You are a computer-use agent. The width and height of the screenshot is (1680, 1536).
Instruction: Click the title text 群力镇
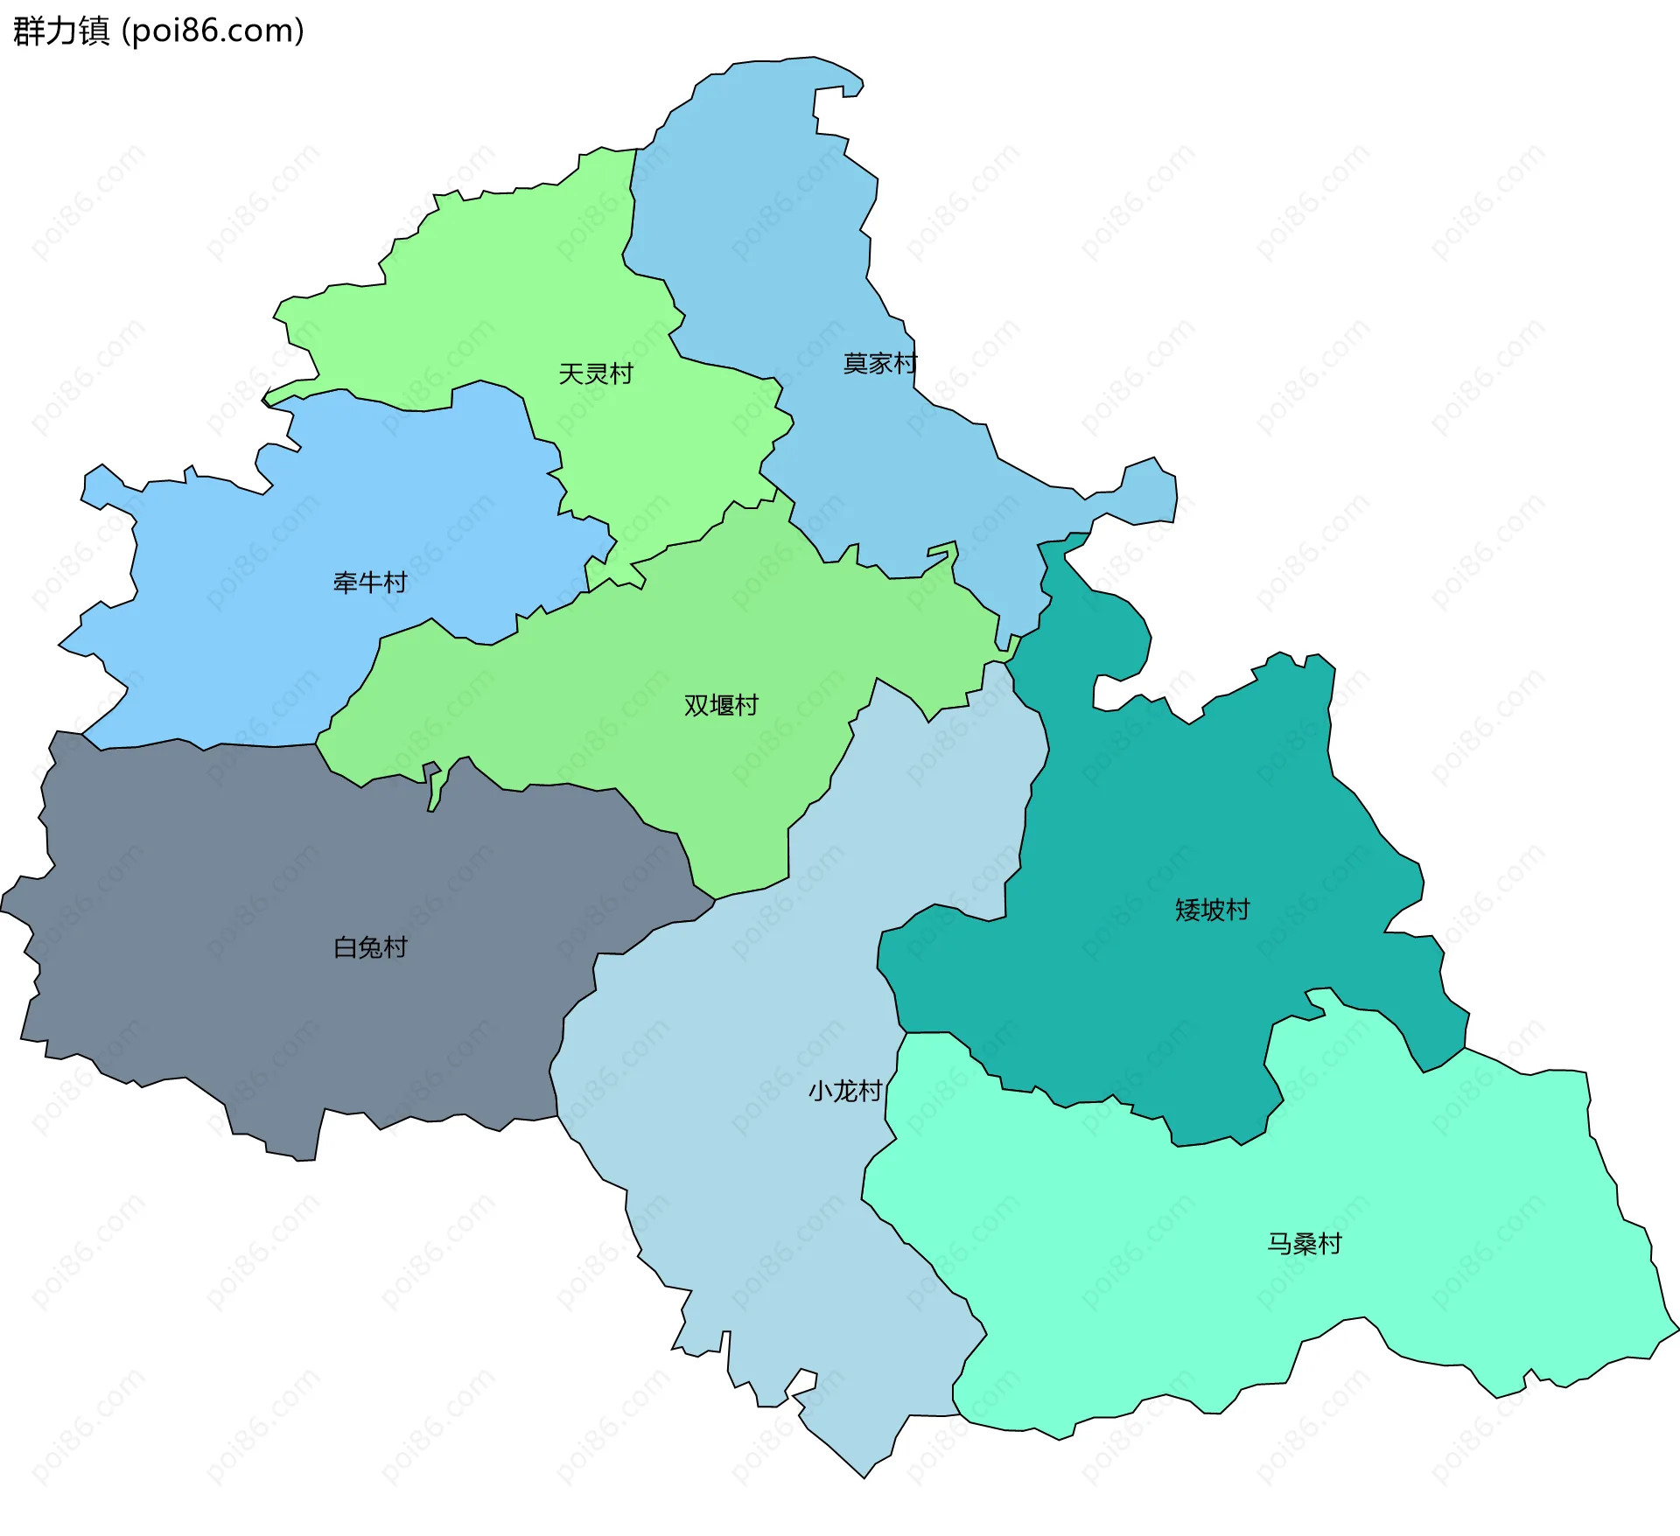pyautogui.click(x=61, y=31)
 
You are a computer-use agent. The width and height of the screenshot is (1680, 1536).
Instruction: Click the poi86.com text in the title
pyautogui.click(x=213, y=31)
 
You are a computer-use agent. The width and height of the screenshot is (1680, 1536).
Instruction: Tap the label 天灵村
pyautogui.click(x=596, y=374)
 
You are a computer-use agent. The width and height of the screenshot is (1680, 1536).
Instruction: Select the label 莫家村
pyautogui.click(x=879, y=364)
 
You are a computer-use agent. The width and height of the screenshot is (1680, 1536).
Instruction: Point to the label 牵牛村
pyautogui.click(x=370, y=583)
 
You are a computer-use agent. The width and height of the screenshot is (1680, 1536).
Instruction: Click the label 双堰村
pyautogui.click(x=721, y=705)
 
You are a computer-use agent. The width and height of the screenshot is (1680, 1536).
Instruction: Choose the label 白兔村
pyautogui.click(x=370, y=947)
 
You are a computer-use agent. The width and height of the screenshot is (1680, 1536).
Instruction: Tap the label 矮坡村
pyautogui.click(x=1212, y=911)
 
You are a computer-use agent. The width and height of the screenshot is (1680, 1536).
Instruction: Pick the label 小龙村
pyautogui.click(x=844, y=1092)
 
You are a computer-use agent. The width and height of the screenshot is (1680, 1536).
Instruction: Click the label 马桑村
pyautogui.click(x=1304, y=1244)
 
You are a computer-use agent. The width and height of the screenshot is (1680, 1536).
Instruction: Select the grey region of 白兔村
pyautogui.click(x=262, y=875)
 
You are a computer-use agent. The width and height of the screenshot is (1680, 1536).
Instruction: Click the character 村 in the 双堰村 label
pyautogui.click(x=746, y=705)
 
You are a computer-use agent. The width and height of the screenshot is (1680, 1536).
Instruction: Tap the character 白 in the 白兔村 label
pyautogui.click(x=345, y=947)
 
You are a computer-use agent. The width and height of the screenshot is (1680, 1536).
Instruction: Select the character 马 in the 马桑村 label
pyautogui.click(x=1278, y=1244)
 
